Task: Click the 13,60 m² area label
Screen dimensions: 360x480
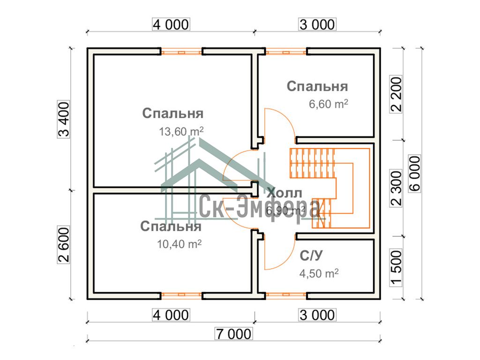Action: point(181,132)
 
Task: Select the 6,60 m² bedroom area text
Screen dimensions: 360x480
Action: point(328,104)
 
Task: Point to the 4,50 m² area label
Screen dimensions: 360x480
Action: point(319,273)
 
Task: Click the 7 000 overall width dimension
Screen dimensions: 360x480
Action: point(233,334)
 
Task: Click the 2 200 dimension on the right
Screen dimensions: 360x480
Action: point(397,94)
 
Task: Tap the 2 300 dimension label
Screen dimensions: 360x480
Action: point(397,187)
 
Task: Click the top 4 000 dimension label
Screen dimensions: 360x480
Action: point(170,24)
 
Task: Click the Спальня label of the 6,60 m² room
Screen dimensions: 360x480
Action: point(317,87)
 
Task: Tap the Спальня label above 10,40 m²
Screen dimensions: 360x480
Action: point(171,227)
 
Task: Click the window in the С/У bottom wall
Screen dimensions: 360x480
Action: point(286,296)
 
